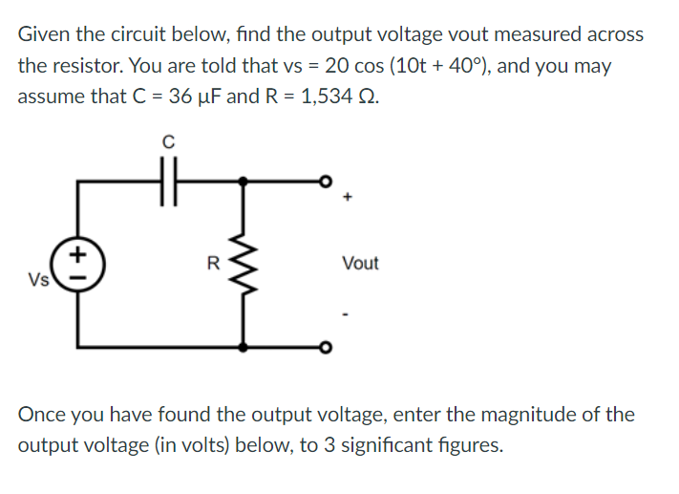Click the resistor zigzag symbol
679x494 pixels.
click(246, 262)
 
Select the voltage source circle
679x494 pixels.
click(77, 262)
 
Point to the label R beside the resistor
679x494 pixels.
click(214, 261)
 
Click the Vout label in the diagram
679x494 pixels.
click(359, 263)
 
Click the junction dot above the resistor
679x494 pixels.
click(246, 180)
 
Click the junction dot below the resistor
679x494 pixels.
click(246, 346)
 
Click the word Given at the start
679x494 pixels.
click(44, 34)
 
